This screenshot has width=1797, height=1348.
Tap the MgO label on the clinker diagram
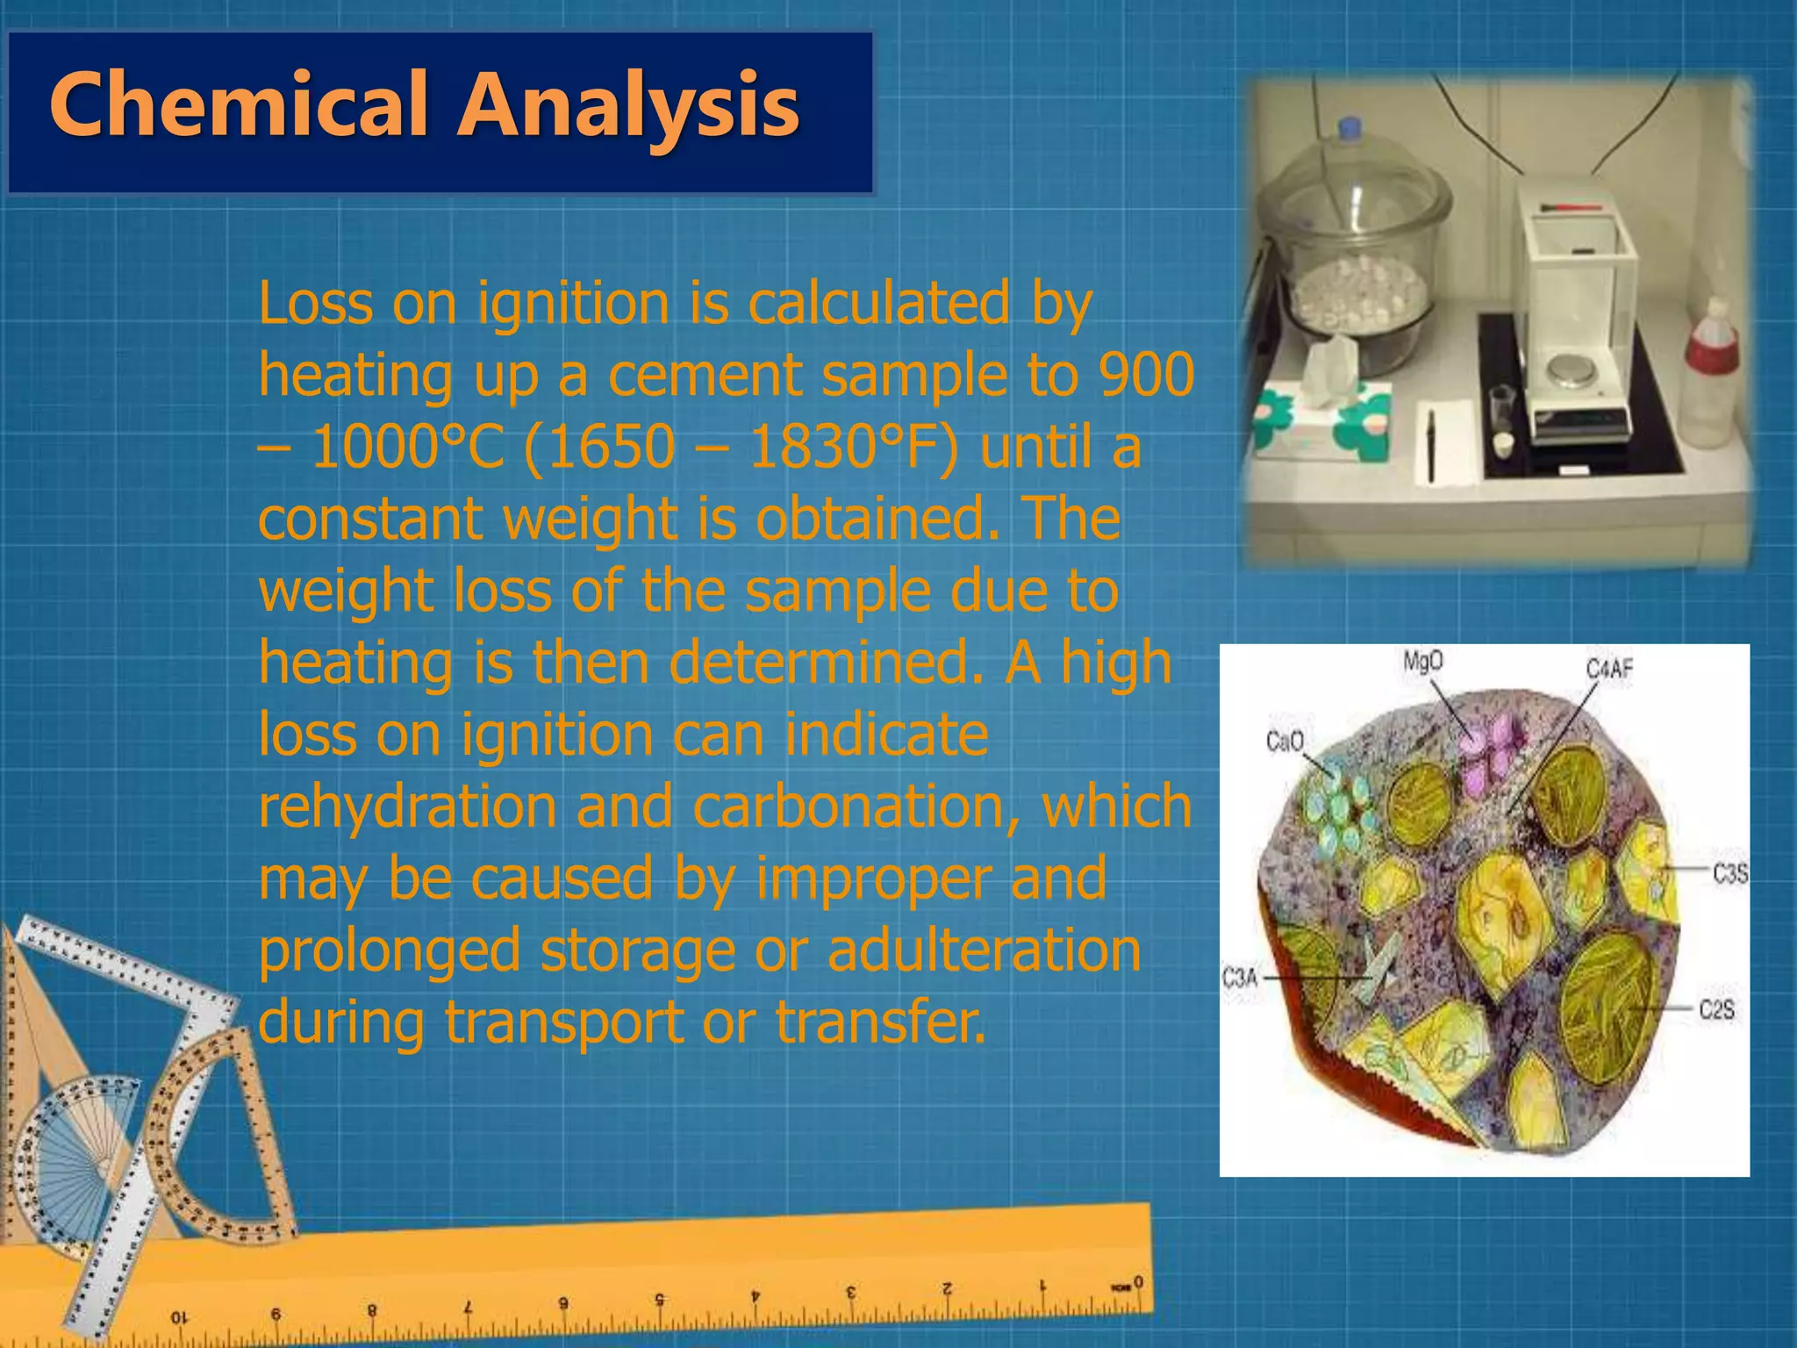(1422, 661)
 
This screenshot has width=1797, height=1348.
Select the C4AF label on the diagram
(1609, 670)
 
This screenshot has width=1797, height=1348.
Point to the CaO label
(1285, 742)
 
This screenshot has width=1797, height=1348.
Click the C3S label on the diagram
(1729, 873)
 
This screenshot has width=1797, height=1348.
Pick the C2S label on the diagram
(1716, 1009)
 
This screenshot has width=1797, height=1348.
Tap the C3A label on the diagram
(1240, 977)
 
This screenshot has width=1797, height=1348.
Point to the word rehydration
(407, 807)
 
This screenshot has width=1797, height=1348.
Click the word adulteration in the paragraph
(984, 950)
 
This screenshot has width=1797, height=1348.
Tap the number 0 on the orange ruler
(1137, 1283)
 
